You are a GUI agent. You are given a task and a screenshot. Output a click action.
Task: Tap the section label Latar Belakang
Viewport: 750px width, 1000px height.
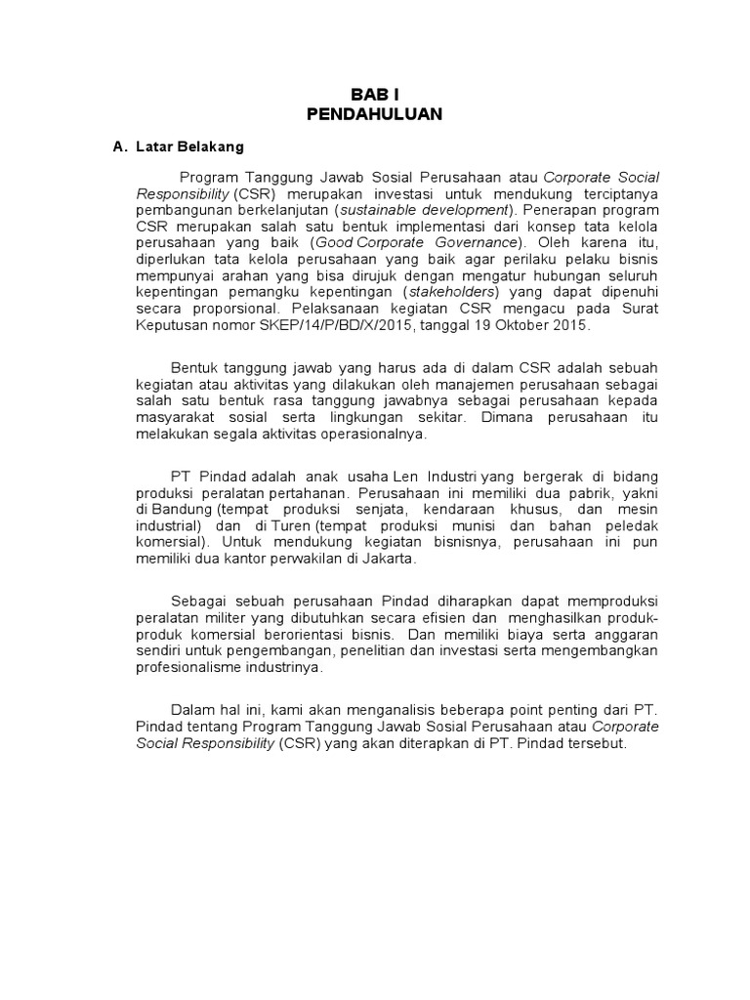pos(189,146)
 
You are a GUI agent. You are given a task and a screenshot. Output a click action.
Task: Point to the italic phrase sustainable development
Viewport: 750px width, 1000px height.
pos(424,209)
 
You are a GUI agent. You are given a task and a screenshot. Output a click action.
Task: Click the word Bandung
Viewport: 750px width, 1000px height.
pos(185,509)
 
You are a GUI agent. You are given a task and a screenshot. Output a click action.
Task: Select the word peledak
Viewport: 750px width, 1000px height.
pos(631,525)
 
